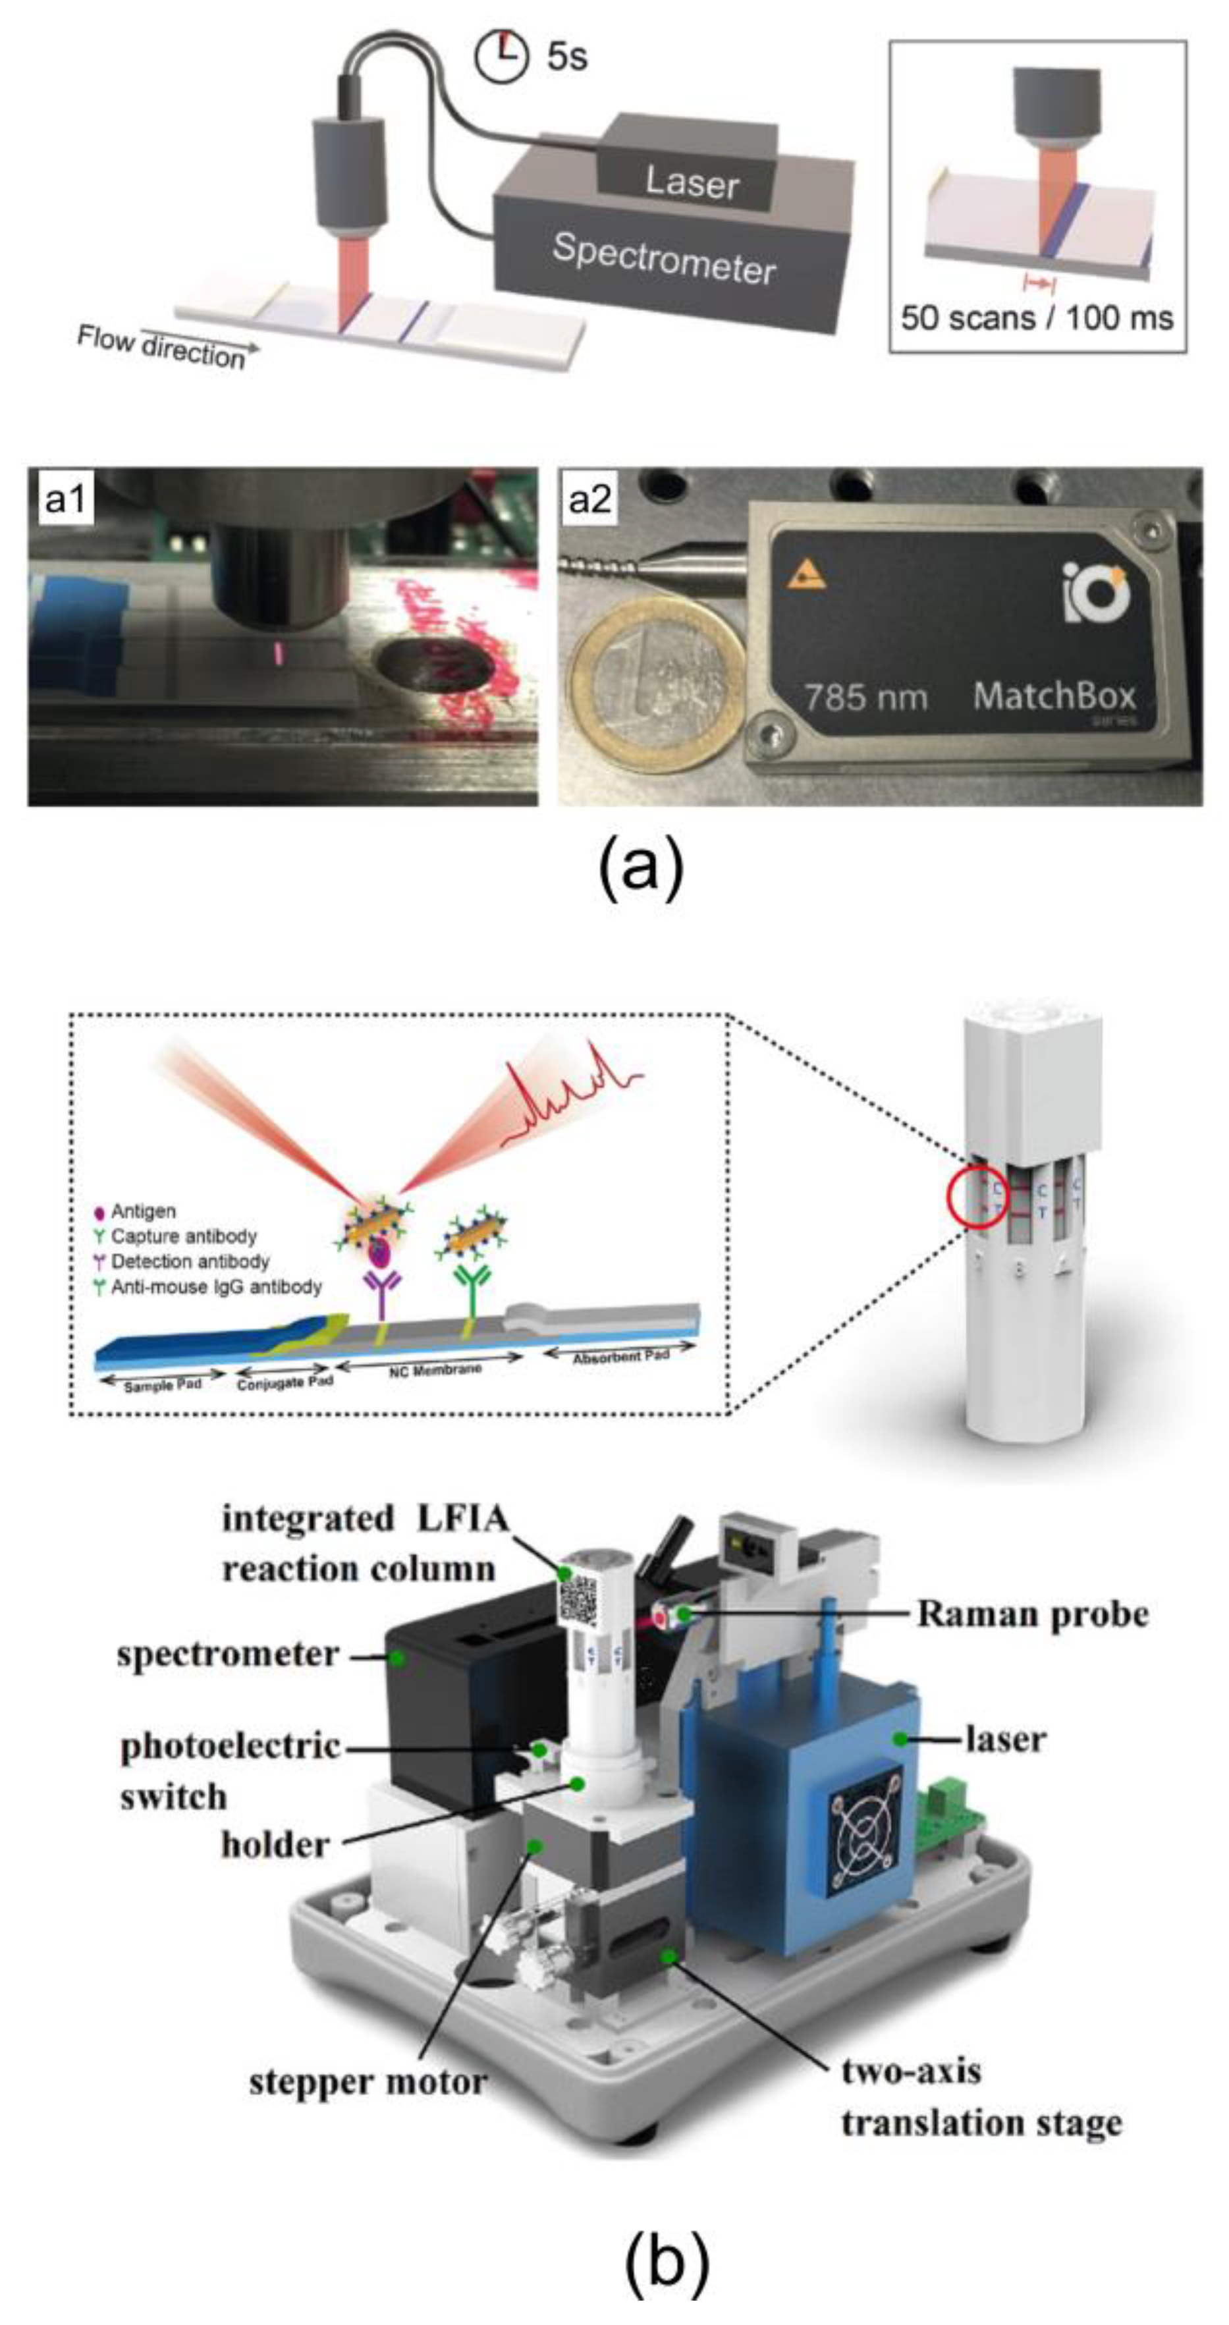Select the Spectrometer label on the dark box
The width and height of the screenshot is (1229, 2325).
click(x=664, y=258)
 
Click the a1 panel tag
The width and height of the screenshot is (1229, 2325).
click(x=66, y=497)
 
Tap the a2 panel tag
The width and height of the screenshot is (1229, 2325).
click(x=589, y=497)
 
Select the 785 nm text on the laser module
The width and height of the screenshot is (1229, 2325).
click(x=865, y=697)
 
